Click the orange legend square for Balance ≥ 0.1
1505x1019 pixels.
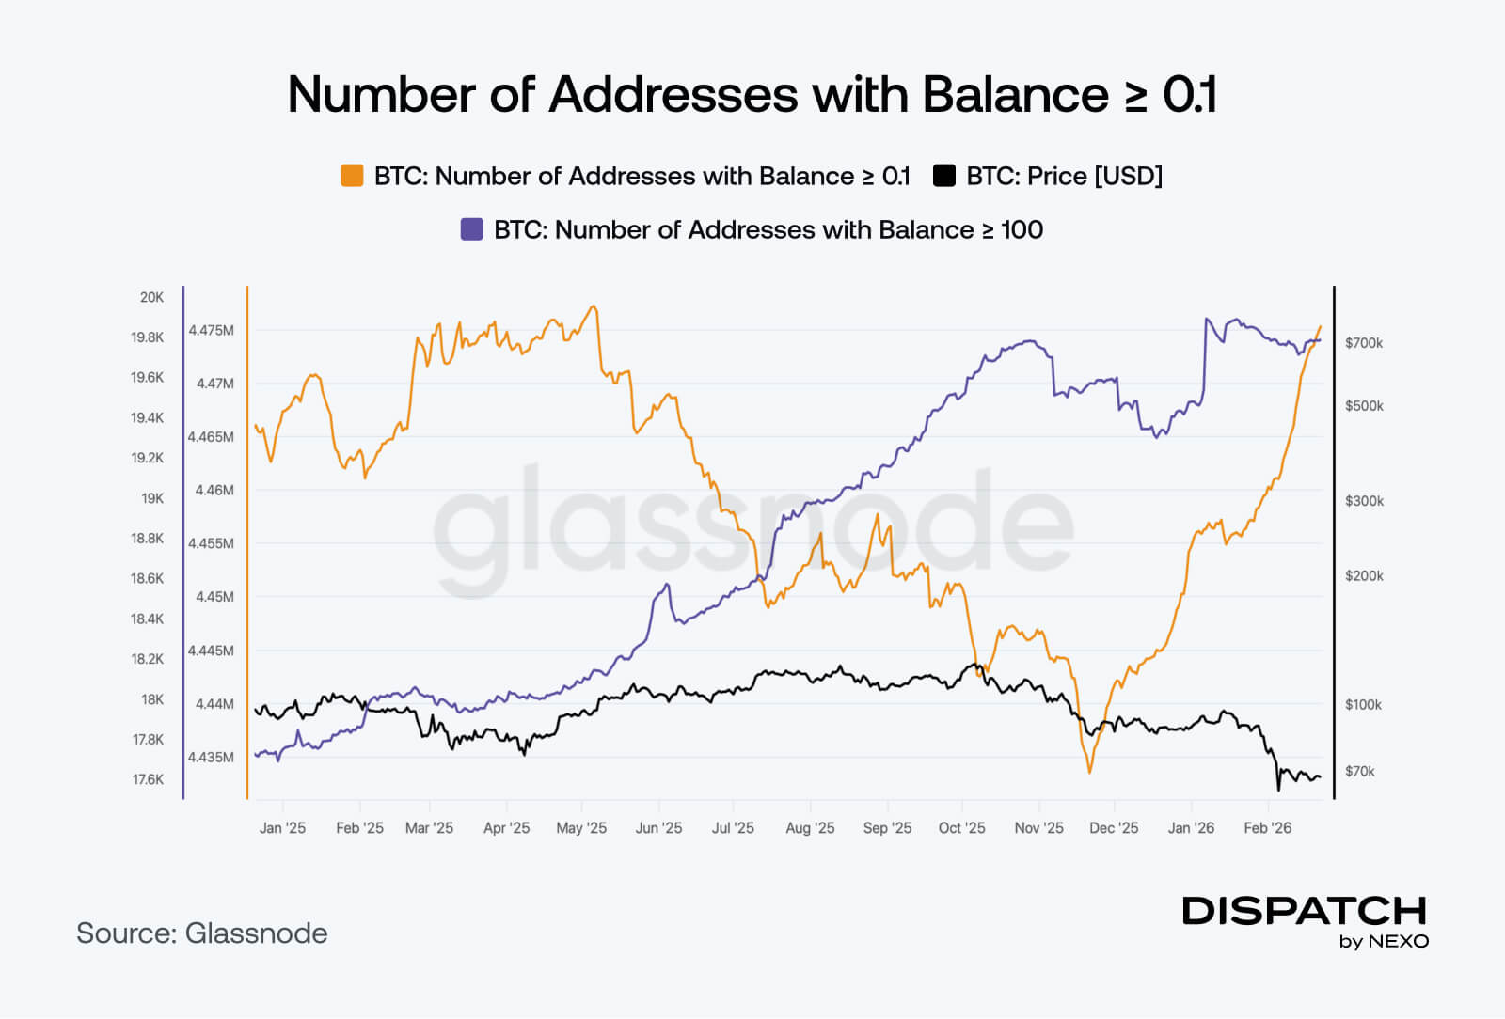pyautogui.click(x=352, y=176)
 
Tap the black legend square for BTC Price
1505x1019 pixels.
pyautogui.click(x=943, y=176)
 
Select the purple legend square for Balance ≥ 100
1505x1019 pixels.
pyautogui.click(x=471, y=229)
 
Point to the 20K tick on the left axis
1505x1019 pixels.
pyautogui.click(x=151, y=297)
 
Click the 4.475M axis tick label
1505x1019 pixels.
pyautogui.click(x=211, y=330)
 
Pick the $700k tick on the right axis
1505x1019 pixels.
pyautogui.click(x=1364, y=343)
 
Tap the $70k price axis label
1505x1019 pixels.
pyautogui.click(x=1359, y=771)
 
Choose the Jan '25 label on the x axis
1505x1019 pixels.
pyautogui.click(x=282, y=828)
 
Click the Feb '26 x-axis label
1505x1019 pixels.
pyautogui.click(x=1267, y=828)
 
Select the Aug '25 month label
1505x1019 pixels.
pyautogui.click(x=810, y=828)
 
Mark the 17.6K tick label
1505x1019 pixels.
pyautogui.click(x=148, y=779)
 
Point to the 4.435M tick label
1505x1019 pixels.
pyautogui.click(x=211, y=757)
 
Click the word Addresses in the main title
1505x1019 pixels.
pyautogui.click(x=673, y=94)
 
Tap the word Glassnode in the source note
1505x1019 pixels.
pyautogui.click(x=256, y=933)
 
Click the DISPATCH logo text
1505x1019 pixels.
pyautogui.click(x=1304, y=911)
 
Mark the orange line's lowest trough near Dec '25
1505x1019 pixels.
pyautogui.click(x=1089, y=772)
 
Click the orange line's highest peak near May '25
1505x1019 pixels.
pyautogui.click(x=593, y=306)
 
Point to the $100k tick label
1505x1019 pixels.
pyautogui.click(x=1363, y=704)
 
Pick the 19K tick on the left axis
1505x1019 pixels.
pyautogui.click(x=152, y=498)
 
